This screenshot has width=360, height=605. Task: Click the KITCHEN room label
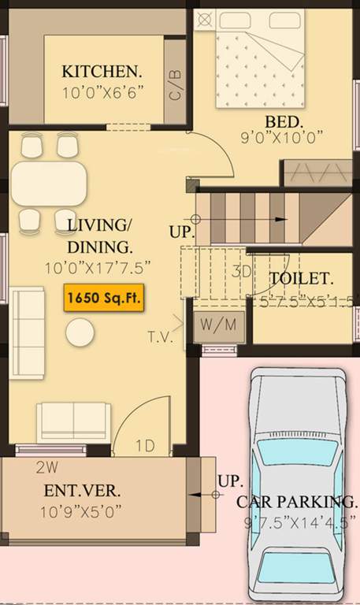102,71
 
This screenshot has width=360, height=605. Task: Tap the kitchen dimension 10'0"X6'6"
102,92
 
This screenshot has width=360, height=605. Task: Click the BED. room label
284,122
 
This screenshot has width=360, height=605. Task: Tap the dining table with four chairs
48,184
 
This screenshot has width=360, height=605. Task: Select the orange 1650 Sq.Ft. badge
104,299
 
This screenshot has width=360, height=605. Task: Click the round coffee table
80,332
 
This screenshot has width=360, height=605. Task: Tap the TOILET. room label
301,278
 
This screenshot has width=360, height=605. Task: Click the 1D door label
145,446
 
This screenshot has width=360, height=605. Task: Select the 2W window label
46,466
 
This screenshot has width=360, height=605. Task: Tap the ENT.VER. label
83,490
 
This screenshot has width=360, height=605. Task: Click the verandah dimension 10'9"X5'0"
81,510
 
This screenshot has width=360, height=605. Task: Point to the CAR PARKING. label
296,501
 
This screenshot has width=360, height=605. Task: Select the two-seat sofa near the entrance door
74,421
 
